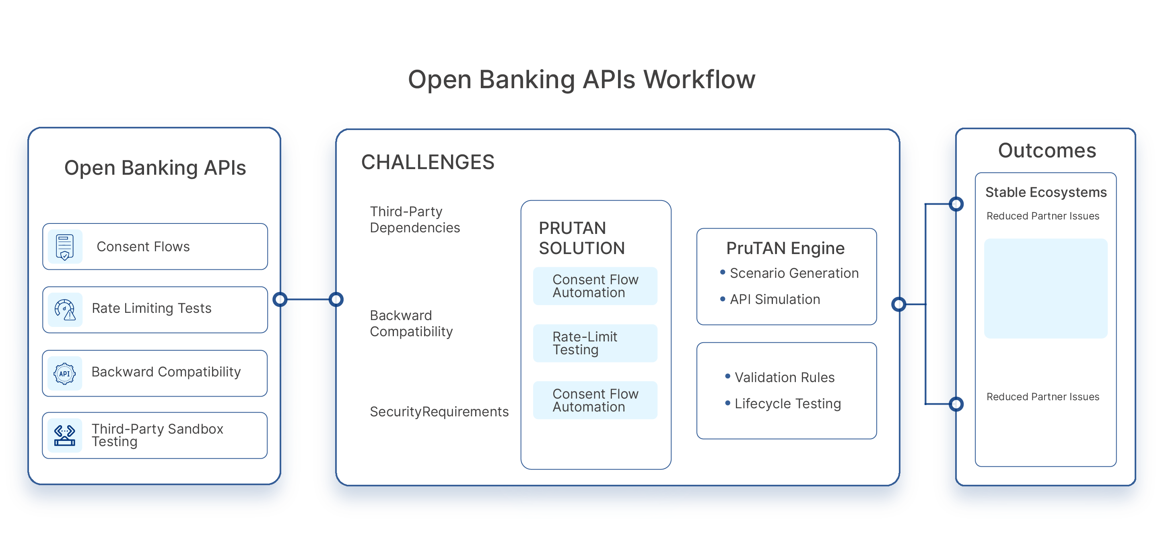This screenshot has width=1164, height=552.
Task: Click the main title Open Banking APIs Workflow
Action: (x=581, y=80)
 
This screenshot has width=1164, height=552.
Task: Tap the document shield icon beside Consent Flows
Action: (x=65, y=246)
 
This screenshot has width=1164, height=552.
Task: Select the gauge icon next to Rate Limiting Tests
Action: (x=65, y=310)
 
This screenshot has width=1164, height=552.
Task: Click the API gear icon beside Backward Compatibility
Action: (x=65, y=373)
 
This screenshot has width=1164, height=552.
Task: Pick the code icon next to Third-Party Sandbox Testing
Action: (x=65, y=435)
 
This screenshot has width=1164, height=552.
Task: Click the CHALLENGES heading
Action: (x=427, y=162)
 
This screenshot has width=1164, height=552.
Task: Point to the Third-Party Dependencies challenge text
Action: (x=414, y=219)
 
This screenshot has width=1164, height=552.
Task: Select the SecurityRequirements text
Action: (x=439, y=411)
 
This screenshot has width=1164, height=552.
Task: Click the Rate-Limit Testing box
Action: (x=595, y=343)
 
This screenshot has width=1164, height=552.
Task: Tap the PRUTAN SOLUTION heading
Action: (x=581, y=238)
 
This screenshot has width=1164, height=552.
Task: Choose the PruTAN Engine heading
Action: (x=785, y=248)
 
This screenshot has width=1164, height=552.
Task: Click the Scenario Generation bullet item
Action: (x=793, y=273)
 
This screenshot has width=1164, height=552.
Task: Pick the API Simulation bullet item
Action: (x=775, y=299)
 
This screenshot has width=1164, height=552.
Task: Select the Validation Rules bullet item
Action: (x=784, y=377)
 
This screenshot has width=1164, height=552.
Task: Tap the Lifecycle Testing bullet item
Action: (x=787, y=403)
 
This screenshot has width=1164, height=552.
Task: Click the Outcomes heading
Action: (x=1047, y=151)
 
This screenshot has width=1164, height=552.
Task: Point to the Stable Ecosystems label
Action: (x=1046, y=192)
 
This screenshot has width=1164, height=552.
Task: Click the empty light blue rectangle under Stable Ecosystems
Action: (x=1046, y=288)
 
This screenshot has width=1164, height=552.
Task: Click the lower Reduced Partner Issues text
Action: (x=1042, y=397)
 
